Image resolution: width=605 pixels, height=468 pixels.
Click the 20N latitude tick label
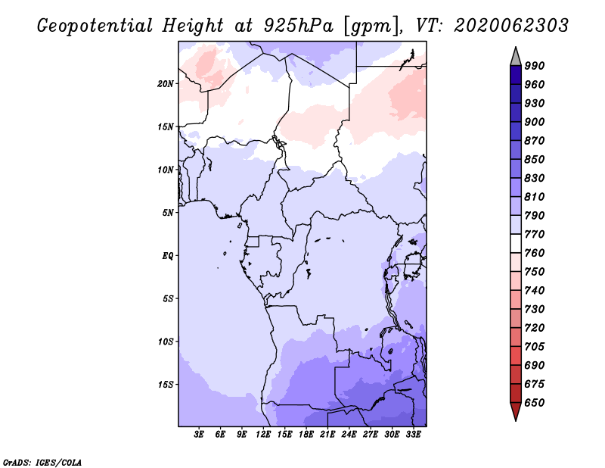pos(166,83)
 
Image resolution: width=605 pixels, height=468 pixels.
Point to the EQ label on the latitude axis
pos(168,255)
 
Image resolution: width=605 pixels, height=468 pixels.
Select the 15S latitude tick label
pos(166,384)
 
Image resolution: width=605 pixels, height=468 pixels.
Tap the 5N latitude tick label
pos(168,213)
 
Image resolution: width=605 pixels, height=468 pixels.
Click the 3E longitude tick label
pos(200,435)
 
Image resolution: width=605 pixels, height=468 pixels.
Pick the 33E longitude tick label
pos(414,435)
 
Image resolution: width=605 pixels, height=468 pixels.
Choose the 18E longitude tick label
pos(306,435)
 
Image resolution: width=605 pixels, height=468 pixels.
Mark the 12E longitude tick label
pos(263,435)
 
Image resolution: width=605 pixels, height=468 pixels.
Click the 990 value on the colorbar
pos(535,66)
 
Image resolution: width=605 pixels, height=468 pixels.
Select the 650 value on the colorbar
pos(535,403)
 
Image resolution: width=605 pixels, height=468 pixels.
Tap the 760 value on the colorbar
pos(535,253)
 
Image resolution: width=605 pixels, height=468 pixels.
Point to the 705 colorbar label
pos(535,347)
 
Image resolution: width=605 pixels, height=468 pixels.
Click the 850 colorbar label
pos(535,160)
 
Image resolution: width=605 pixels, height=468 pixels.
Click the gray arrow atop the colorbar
pos(516,56)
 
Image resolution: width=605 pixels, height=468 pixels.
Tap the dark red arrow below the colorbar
pos(516,412)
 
